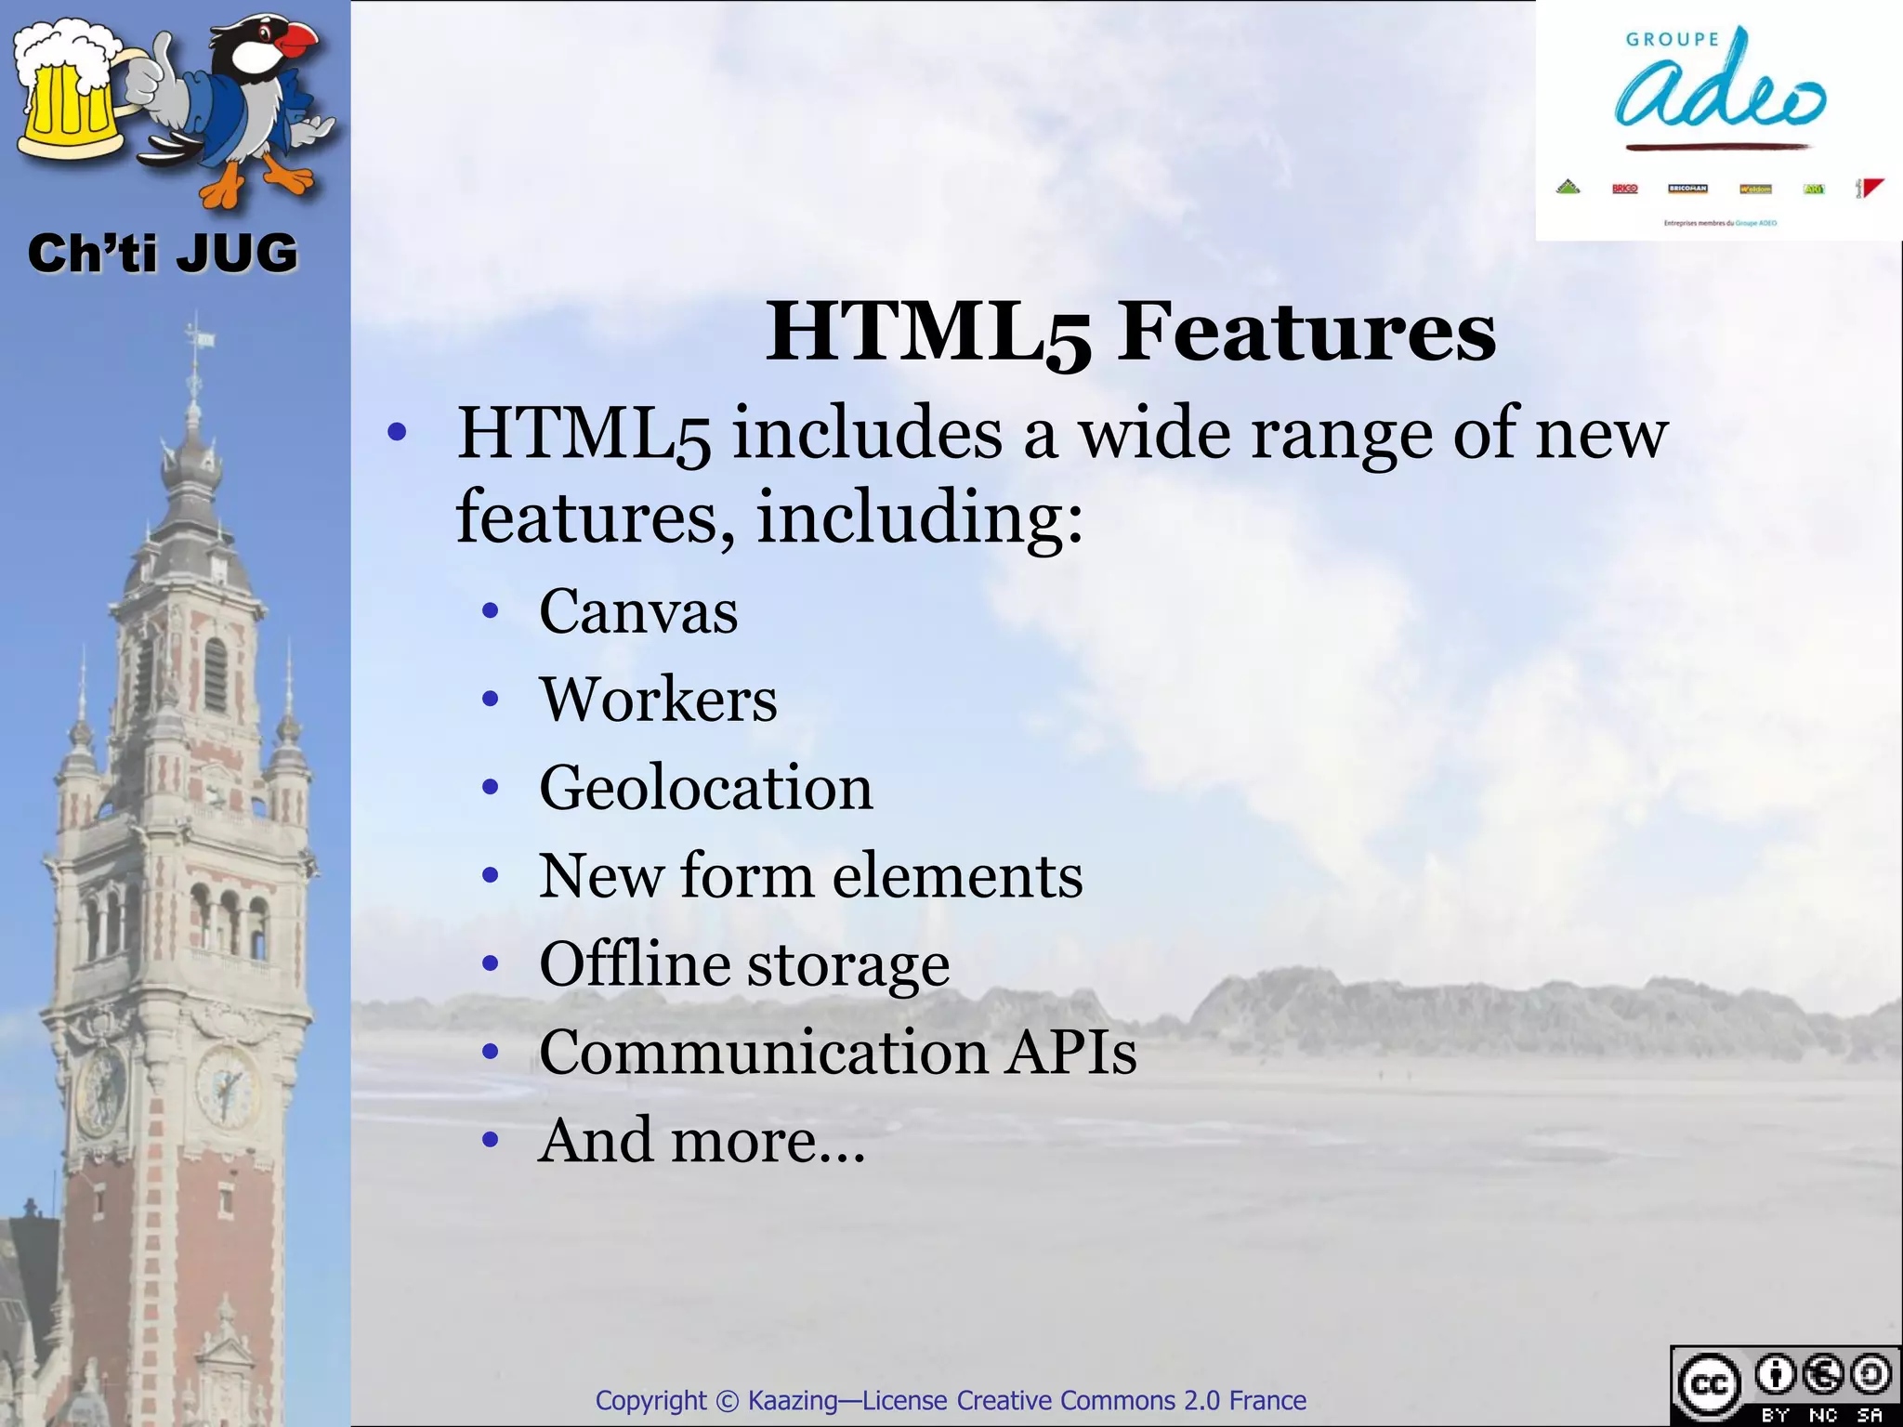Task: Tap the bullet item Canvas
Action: click(638, 611)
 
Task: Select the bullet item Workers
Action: click(658, 700)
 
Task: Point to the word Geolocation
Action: click(706, 788)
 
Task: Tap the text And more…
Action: click(702, 1141)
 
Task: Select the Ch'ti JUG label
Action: click(163, 254)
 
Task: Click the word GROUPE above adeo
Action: click(1673, 40)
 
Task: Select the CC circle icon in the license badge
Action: click(1709, 1385)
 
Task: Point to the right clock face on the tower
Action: click(226, 1086)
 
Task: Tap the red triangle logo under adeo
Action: click(1871, 188)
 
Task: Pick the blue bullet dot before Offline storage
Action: click(491, 964)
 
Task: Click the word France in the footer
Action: click(1267, 1401)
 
